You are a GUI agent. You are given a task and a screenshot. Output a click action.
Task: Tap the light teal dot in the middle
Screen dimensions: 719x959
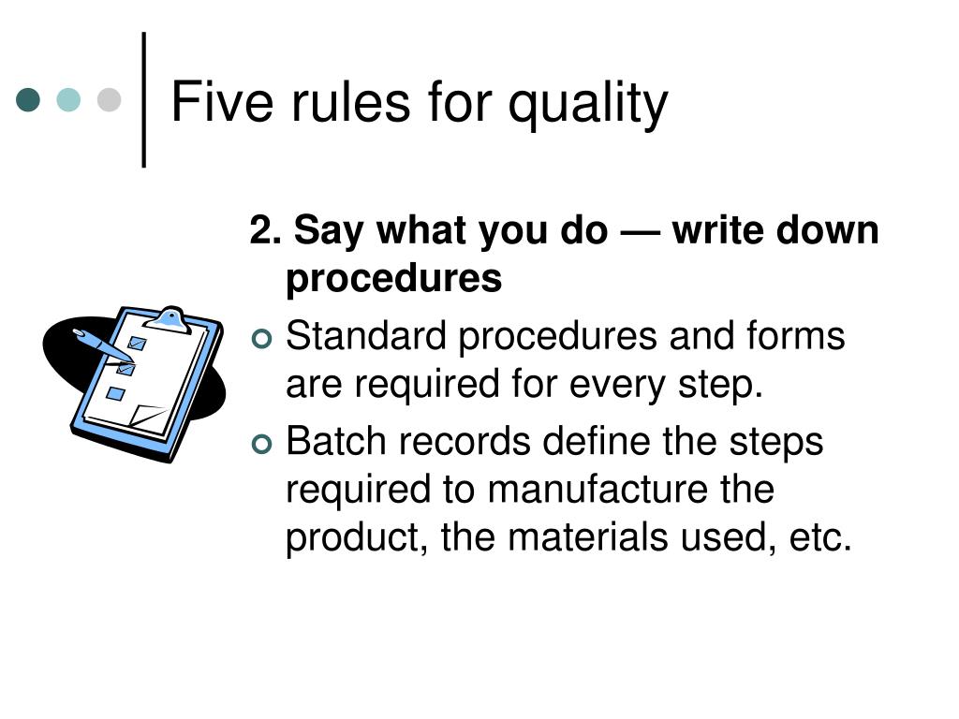pos(69,100)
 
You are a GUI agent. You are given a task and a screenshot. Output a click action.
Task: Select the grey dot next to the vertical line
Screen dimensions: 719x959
pos(110,100)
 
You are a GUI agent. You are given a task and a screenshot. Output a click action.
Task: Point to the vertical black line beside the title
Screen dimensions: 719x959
pos(144,100)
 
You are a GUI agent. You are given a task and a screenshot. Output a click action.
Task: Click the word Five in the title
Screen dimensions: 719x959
pos(207,102)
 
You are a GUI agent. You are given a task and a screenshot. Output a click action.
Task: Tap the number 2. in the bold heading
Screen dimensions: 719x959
pos(264,231)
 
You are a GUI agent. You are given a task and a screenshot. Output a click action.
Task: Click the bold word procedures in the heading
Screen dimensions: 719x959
pos(393,279)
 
